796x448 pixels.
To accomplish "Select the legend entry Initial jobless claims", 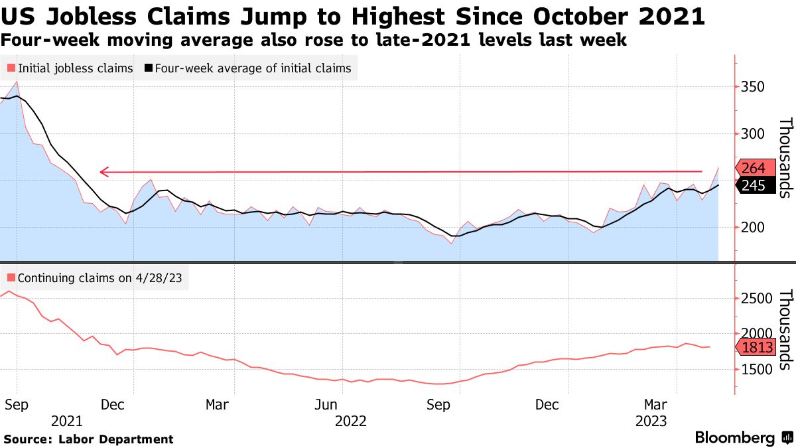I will [70, 68].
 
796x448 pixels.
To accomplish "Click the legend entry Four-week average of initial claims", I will [248, 68].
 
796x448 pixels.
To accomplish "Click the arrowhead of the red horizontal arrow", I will [103, 173].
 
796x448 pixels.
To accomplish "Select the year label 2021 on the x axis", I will [66, 421].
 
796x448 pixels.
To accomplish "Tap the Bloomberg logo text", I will [734, 438].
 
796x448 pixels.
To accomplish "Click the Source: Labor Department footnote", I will [88, 439].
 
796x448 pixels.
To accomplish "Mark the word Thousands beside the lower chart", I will [785, 330].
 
